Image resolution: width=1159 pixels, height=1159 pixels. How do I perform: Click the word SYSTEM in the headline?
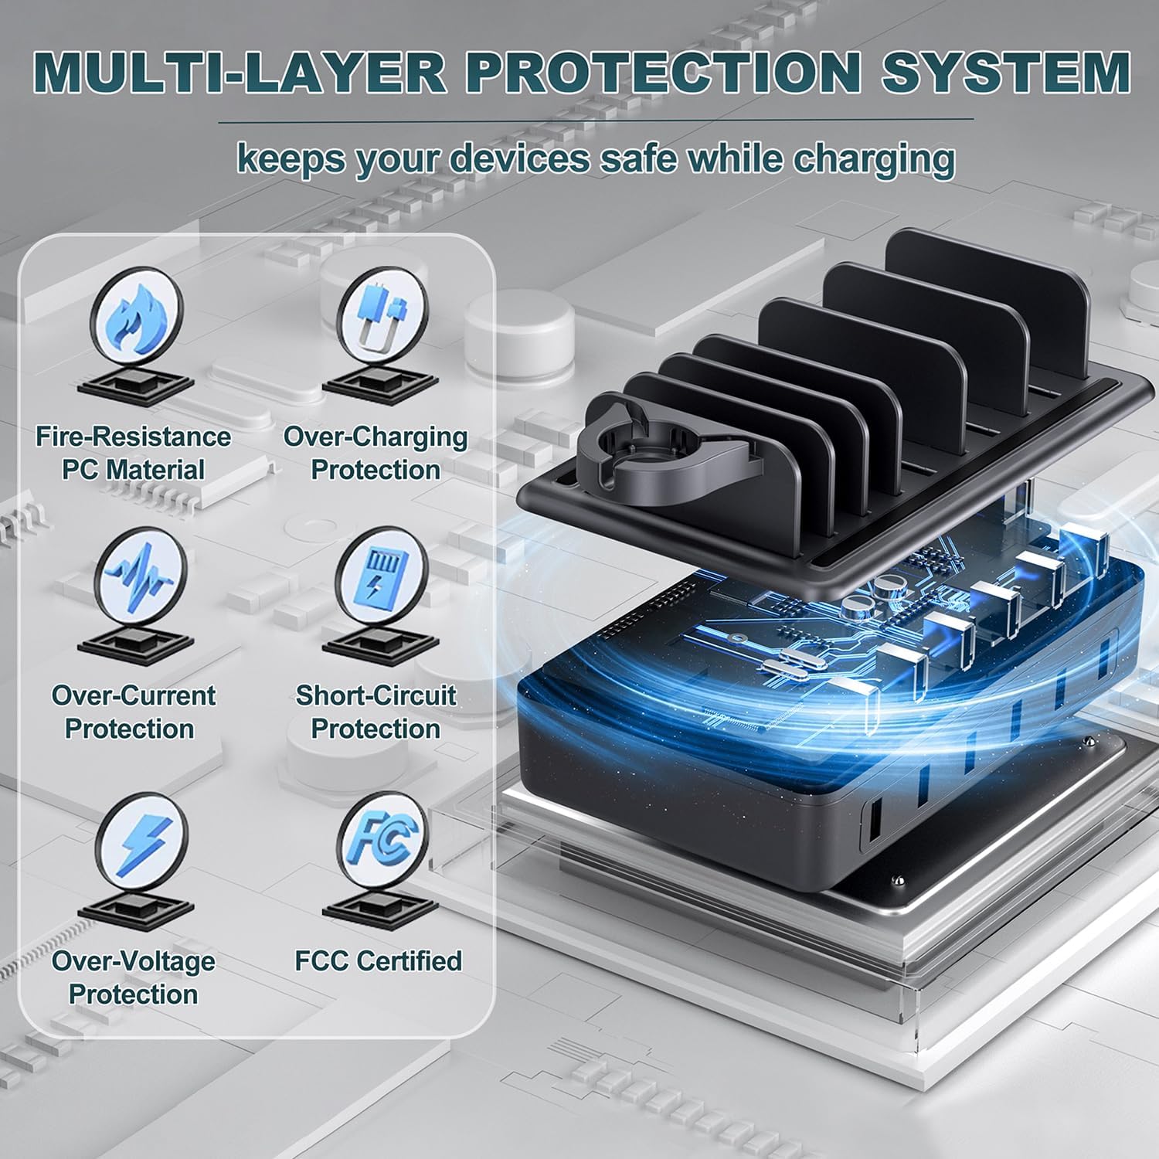click(1007, 71)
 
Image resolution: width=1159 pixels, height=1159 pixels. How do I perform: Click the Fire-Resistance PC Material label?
click(134, 454)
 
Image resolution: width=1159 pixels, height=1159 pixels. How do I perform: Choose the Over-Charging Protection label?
click(376, 454)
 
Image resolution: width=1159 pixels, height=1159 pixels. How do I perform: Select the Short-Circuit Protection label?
click(376, 712)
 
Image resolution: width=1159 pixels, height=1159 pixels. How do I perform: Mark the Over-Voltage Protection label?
click(134, 977)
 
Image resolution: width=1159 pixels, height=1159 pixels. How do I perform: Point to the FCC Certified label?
click(379, 961)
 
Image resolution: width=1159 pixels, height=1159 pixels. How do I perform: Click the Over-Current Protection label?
click(133, 712)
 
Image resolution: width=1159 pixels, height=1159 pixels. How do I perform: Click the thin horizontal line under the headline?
click(596, 121)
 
